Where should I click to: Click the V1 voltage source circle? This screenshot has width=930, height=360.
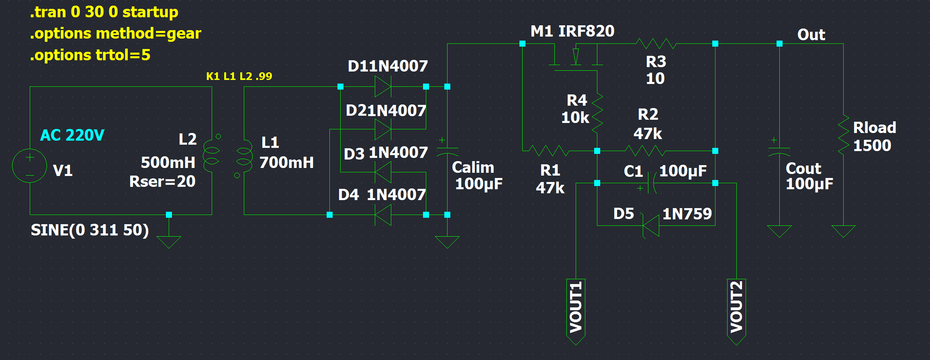point(30,166)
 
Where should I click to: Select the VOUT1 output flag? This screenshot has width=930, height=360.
point(576,312)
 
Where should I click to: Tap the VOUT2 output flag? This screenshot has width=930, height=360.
point(736,312)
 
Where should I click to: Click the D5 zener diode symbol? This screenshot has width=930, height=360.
point(651,225)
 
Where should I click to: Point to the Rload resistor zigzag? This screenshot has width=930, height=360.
point(843,135)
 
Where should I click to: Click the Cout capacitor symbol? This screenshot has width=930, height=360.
point(779,151)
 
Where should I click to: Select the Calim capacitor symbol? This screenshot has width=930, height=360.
point(447,151)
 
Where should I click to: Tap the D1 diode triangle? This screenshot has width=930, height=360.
point(383,86)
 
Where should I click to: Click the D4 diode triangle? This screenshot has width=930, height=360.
point(383,215)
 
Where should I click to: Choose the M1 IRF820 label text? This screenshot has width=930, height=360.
point(572,31)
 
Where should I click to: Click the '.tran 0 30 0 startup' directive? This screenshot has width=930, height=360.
point(104,12)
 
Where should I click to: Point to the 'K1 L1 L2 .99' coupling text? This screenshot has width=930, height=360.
point(239,76)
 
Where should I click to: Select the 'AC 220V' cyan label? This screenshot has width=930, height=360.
point(72,135)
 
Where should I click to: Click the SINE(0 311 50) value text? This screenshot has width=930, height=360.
point(90,230)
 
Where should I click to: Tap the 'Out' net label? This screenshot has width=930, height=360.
point(811,35)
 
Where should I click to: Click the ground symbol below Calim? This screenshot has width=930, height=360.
point(447,242)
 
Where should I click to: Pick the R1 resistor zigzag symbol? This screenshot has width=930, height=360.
point(549,151)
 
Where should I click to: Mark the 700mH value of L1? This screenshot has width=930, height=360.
point(286,163)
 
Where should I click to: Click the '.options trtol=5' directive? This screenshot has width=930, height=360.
point(90,55)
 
